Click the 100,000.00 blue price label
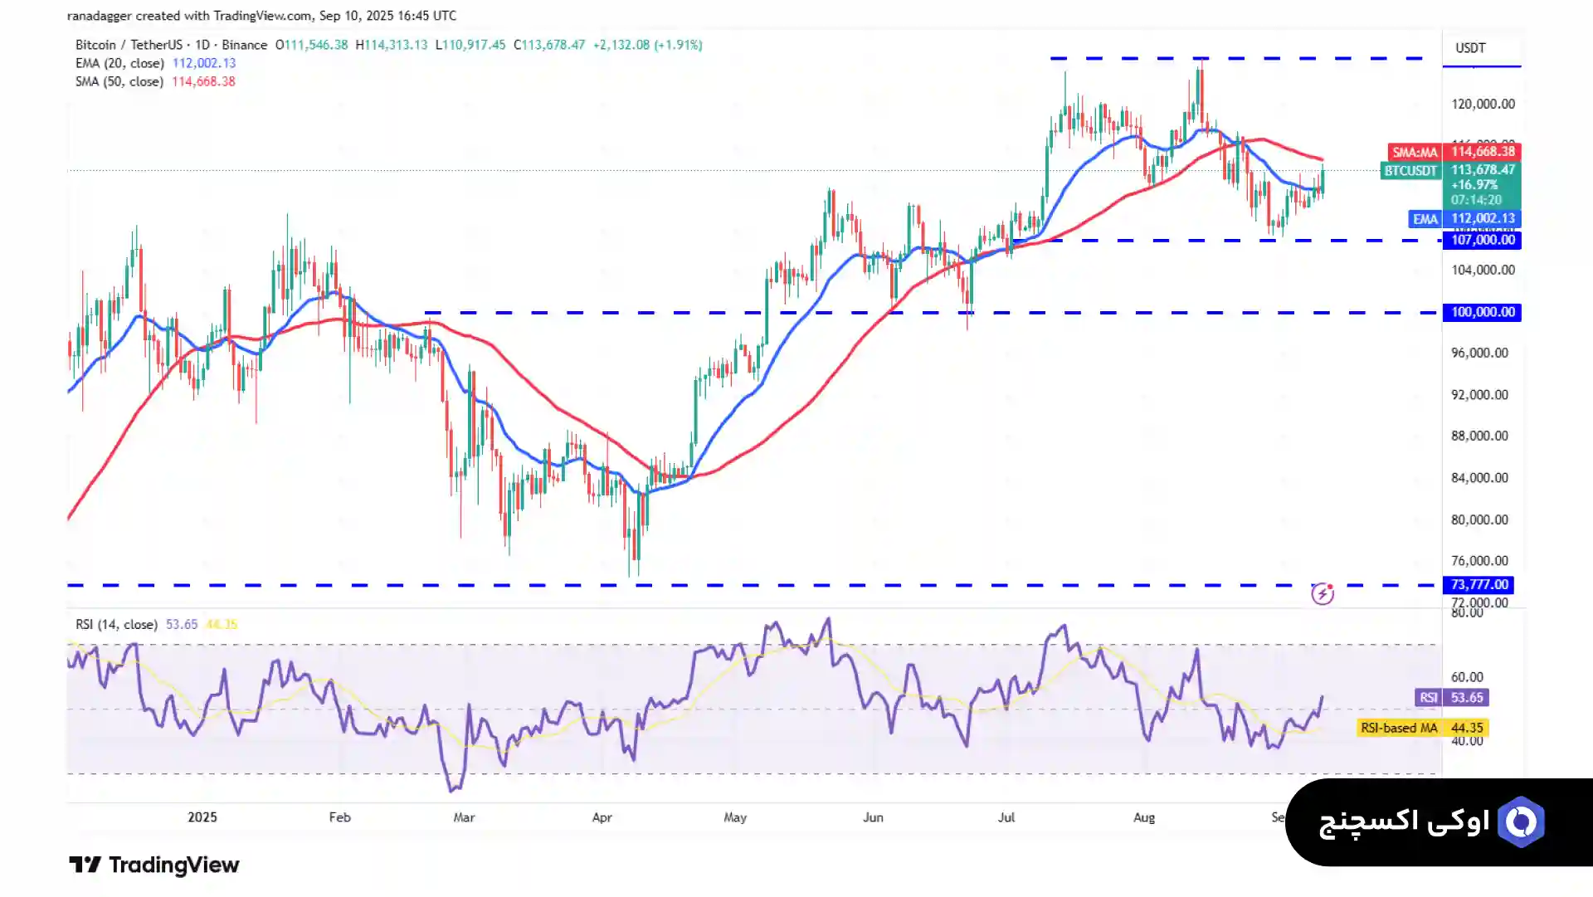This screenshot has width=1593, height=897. tap(1482, 312)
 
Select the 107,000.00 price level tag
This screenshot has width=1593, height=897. tap(1482, 240)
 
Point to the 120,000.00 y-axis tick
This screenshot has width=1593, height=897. tap(1482, 104)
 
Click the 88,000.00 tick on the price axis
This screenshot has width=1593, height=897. tap(1479, 436)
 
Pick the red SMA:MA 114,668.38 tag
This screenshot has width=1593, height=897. tap(1454, 152)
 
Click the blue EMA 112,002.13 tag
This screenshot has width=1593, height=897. tap(1464, 219)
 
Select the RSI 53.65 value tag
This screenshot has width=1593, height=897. tap(1452, 698)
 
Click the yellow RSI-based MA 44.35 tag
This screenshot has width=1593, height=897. tap(1422, 728)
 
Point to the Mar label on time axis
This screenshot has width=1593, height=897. tap(464, 817)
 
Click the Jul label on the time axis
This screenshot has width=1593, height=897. tap(1006, 817)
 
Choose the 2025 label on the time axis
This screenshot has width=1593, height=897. tap(202, 817)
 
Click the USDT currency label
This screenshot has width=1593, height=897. tap(1469, 48)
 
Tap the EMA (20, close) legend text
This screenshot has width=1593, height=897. tap(120, 63)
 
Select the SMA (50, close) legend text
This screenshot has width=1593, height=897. tap(119, 81)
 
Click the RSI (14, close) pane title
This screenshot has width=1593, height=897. tap(116, 624)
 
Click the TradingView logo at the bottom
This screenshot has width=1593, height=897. tap(153, 865)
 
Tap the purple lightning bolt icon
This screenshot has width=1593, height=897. tap(1322, 593)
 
